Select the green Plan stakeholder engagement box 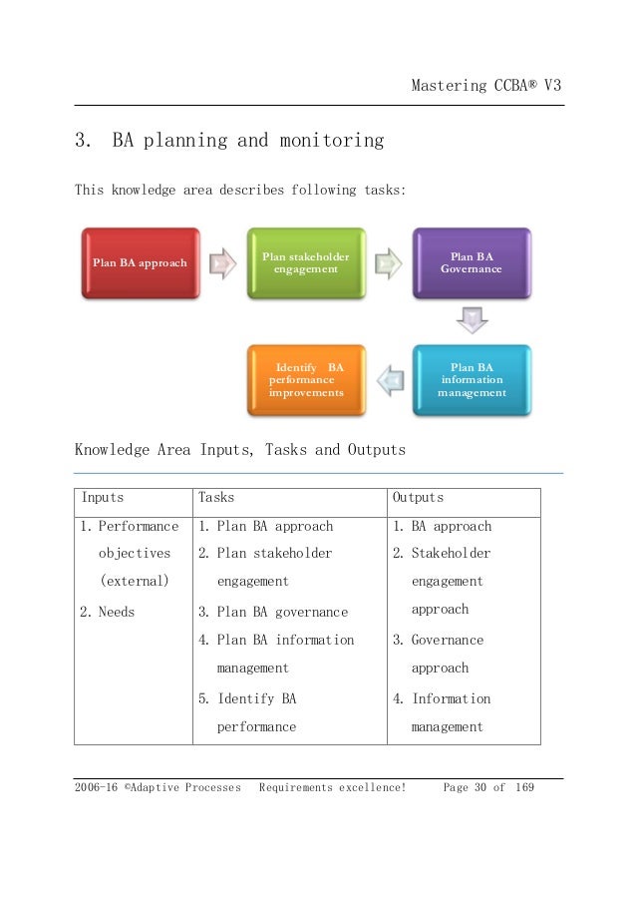click(x=305, y=263)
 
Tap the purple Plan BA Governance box click(x=472, y=262)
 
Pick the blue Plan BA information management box click(x=472, y=380)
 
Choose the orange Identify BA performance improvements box click(x=305, y=380)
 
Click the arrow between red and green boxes click(x=223, y=264)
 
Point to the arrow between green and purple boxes click(x=390, y=264)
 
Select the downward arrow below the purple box click(x=472, y=321)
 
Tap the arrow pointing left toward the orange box click(x=390, y=380)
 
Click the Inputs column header click(x=103, y=497)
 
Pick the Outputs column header click(x=418, y=497)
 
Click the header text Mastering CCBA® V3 click(x=486, y=86)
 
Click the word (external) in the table click(x=134, y=580)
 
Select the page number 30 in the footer click(x=496, y=787)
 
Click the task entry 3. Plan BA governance click(x=273, y=612)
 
